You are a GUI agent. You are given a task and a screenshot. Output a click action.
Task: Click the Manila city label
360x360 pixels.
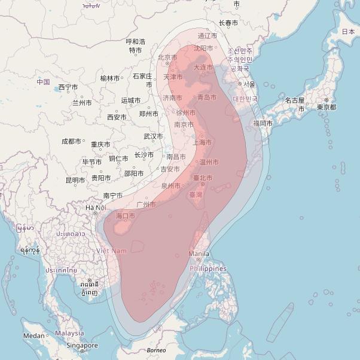point(199,254)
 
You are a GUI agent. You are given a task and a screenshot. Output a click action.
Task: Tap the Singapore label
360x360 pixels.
point(82,346)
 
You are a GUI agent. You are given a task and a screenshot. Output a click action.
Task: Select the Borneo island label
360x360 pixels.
point(156,350)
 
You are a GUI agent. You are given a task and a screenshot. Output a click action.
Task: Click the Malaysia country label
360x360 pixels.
point(69,333)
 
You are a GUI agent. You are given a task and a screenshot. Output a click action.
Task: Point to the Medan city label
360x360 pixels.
point(33,336)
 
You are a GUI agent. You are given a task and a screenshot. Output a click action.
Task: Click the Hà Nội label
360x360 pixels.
point(96,208)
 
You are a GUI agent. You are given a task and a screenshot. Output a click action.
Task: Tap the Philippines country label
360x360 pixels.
point(208,269)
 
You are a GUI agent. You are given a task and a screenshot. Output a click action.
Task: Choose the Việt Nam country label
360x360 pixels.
point(111,251)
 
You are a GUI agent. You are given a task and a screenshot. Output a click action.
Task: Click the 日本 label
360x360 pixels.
point(347,31)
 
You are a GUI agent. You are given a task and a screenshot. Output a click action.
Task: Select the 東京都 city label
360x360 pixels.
point(327,107)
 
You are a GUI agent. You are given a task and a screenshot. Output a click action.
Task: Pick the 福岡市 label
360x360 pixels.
point(263,123)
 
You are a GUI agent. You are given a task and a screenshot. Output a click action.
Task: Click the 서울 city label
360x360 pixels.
point(248,84)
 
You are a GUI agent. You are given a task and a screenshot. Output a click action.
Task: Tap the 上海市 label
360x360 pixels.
point(203,142)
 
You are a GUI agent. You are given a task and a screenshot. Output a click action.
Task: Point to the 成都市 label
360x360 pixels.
point(71,141)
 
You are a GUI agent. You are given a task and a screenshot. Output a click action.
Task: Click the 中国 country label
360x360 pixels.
point(42,81)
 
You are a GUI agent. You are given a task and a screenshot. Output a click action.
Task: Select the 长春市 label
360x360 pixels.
point(228,23)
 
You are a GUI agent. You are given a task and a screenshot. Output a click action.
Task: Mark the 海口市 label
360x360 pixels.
point(125,215)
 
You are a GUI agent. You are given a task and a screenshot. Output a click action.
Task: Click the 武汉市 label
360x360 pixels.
point(153,136)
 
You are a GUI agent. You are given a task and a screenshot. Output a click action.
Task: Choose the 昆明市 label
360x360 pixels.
point(75,180)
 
